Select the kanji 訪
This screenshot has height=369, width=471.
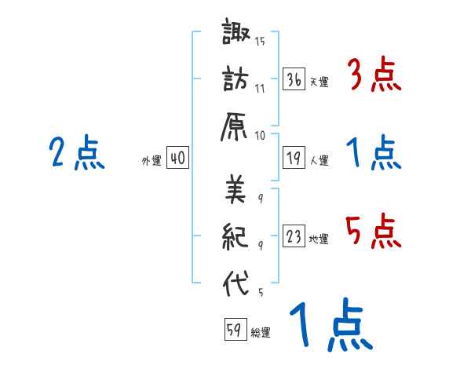[236, 80]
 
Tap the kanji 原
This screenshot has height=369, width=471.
[236, 126]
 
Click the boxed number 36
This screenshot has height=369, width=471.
[294, 79]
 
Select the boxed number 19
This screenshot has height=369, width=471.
[294, 158]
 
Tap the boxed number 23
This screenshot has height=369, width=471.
[294, 236]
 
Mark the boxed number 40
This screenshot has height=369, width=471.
[177, 158]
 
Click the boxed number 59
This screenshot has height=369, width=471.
[235, 330]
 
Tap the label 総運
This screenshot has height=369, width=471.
[261, 333]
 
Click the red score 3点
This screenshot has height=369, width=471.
[374, 75]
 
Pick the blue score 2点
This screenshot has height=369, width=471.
[77, 153]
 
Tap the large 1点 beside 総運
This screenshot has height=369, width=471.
[330, 326]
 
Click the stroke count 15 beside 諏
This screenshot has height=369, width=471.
[260, 42]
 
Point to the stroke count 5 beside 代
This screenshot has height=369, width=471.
[260, 293]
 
